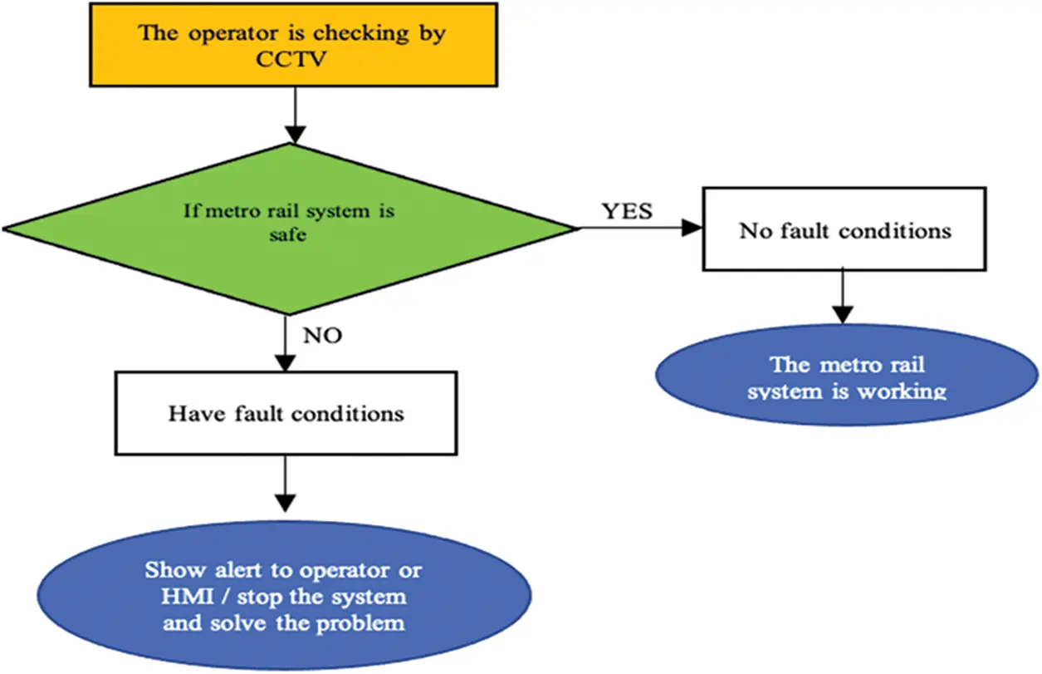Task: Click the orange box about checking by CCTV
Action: (x=293, y=44)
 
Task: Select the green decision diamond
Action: (x=289, y=229)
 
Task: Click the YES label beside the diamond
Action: (x=627, y=211)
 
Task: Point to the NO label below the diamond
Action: (x=322, y=336)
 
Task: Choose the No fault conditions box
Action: (x=844, y=229)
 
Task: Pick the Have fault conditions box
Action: (x=286, y=413)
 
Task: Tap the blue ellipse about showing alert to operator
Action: (x=284, y=595)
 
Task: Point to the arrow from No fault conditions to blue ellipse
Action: (x=844, y=297)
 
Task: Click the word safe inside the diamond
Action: (x=288, y=235)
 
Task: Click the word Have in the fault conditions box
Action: (x=195, y=413)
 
